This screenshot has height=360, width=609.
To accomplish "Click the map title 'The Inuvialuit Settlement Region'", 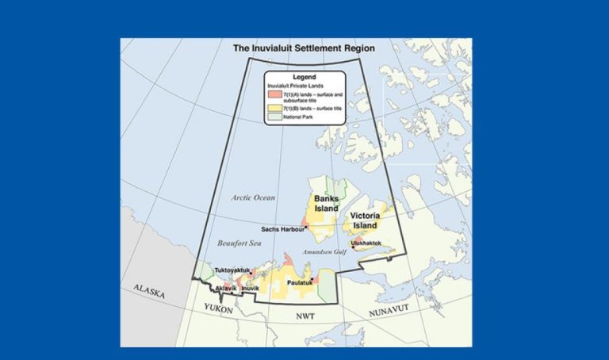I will pyautogui.click(x=304, y=48).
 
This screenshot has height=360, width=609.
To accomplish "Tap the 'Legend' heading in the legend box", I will pyautogui.click(x=304, y=76).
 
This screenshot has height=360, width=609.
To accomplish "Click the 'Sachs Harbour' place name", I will pyautogui.click(x=283, y=229).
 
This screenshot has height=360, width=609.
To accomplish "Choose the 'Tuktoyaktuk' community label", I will pyautogui.click(x=232, y=270).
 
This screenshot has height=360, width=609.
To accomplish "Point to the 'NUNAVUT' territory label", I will pyautogui.click(x=392, y=312).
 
